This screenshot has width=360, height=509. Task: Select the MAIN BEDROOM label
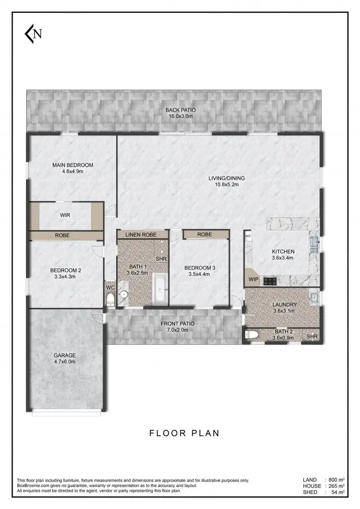(72, 165)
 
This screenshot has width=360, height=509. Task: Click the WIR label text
(66, 215)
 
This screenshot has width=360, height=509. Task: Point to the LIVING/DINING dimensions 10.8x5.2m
(224, 184)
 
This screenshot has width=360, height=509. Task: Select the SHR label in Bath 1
(161, 259)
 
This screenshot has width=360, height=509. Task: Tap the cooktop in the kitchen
(270, 281)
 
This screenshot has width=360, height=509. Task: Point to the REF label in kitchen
(248, 236)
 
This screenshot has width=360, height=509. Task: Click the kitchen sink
(314, 243)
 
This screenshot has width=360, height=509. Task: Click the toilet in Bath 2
(252, 335)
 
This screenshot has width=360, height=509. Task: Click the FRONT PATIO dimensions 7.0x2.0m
(174, 330)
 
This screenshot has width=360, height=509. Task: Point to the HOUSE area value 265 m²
(336, 486)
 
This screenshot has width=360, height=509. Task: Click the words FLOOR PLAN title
(184, 433)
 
